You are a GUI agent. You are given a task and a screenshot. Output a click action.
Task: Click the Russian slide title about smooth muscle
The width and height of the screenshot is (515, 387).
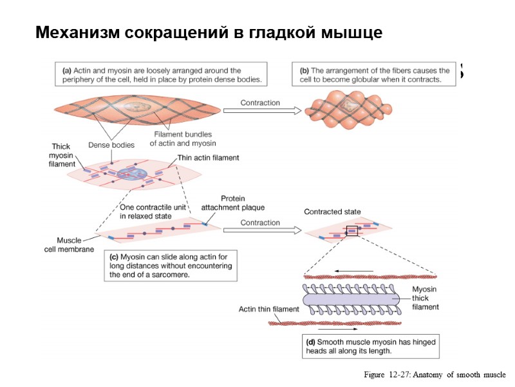click(209, 32)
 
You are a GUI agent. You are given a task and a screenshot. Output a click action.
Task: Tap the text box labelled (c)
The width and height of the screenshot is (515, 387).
click(171, 265)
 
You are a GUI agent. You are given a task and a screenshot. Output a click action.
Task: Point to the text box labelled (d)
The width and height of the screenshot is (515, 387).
click(371, 346)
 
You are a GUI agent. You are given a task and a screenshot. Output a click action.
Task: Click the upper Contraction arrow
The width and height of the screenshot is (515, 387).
click(261, 110)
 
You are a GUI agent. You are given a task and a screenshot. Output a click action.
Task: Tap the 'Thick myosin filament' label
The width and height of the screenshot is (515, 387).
click(62, 155)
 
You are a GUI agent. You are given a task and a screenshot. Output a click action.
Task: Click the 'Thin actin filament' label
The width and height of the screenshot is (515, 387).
click(203, 158)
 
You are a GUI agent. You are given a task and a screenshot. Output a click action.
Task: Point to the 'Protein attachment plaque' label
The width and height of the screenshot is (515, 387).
click(233, 203)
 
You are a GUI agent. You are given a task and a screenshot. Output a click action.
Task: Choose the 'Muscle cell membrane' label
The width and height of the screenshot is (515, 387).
click(70, 244)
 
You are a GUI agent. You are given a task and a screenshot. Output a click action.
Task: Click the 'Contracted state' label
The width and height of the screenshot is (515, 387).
click(332, 212)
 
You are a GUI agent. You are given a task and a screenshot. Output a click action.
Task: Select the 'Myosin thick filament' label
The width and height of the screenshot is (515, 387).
click(425, 299)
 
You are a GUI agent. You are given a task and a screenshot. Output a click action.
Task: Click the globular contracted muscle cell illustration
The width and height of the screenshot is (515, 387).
click(349, 106)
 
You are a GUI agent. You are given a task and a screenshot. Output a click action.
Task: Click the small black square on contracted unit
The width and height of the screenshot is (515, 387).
click(351, 231)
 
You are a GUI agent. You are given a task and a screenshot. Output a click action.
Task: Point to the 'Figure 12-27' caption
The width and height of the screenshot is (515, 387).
click(435, 375)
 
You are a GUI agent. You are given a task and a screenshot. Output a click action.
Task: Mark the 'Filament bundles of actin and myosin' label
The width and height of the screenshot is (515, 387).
click(183, 139)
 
